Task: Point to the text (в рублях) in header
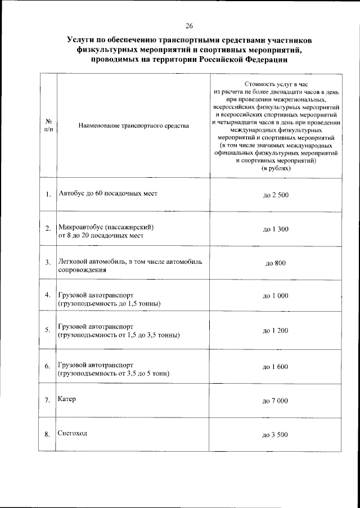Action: [276, 168]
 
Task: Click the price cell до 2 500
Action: [276, 195]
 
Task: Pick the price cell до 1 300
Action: [276, 230]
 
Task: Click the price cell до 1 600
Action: [276, 366]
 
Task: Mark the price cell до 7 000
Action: [276, 401]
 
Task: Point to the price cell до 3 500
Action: [276, 435]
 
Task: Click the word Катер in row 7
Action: [66, 399]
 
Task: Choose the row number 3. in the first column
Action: [48, 262]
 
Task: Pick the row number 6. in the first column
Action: [48, 367]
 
